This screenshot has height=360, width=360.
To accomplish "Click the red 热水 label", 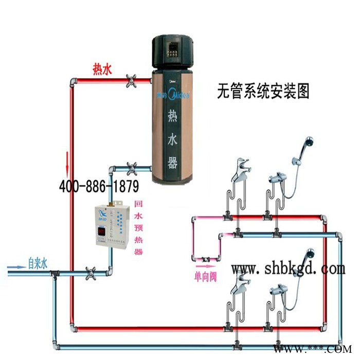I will (x=102, y=68).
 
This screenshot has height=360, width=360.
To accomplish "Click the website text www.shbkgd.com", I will (x=288, y=268).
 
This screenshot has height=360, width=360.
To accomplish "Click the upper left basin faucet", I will (x=240, y=172).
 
